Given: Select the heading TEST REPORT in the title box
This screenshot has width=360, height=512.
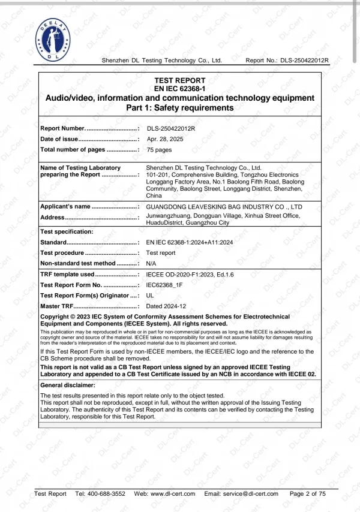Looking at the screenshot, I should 180,80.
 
